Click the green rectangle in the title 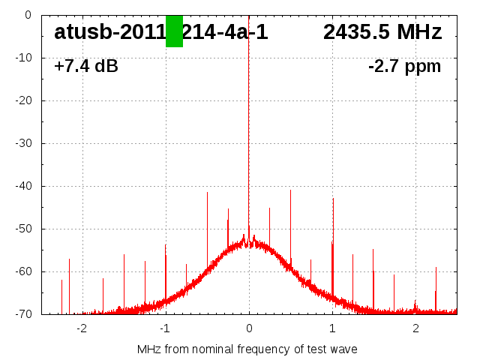pos(174,31)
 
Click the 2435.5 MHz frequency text pos(382,32)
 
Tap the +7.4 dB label pos(86,66)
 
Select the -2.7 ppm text pos(405,66)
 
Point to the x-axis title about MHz pos(247,349)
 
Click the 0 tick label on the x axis pos(249,328)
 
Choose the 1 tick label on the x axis pos(332,328)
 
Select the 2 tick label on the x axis pos(415,328)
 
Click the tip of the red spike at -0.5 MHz pos(207,193)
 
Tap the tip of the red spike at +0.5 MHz pos(290,190)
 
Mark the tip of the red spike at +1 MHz pos(333,199)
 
